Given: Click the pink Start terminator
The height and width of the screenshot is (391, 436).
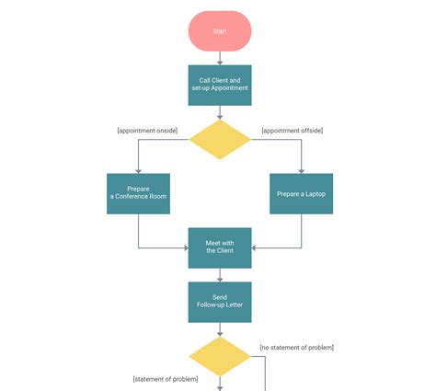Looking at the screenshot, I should [219, 30].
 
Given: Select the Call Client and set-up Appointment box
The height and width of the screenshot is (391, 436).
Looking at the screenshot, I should [219, 85].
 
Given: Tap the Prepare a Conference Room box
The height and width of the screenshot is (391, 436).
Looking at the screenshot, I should [138, 193].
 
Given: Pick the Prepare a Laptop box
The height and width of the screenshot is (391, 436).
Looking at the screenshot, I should [302, 193].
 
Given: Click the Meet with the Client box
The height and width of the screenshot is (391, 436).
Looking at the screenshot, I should [219, 247].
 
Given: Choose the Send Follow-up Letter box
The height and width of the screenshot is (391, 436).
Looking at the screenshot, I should [219, 302].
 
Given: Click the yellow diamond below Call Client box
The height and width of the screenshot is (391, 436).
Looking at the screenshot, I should [219, 140].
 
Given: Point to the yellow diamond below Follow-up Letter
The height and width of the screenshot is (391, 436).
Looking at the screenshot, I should [219, 356].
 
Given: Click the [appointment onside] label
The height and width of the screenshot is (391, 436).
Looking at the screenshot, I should [147, 130].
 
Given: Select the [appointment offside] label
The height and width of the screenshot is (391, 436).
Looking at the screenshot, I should [293, 130].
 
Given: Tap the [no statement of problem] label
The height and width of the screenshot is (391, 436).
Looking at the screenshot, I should [296, 347].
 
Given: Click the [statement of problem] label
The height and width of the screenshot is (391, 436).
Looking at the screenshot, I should [165, 379].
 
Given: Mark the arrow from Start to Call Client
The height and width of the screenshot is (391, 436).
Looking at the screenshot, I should [219, 58].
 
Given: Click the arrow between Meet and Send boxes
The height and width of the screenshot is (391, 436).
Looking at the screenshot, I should [219, 275].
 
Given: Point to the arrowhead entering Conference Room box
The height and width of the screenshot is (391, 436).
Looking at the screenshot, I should [138, 169].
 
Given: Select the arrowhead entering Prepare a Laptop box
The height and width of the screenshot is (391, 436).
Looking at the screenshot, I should [302, 169].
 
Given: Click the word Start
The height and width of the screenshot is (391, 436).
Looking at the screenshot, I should [219, 31].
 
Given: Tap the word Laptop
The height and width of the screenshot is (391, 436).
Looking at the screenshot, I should [314, 194].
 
